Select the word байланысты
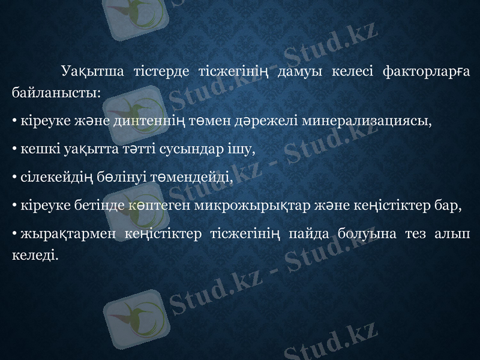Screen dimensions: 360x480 click(55, 93)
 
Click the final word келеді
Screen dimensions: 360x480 click(35, 256)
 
